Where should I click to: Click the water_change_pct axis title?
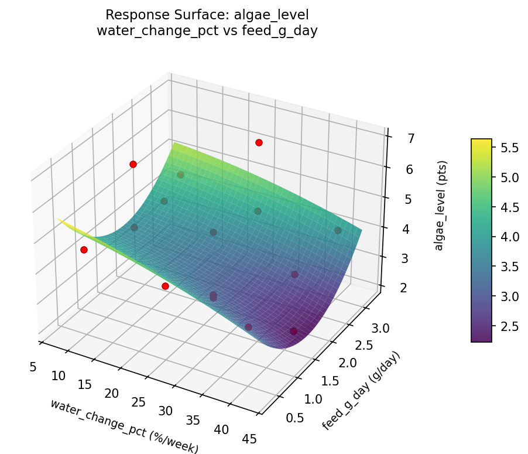pos(124,426)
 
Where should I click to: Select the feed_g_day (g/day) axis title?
pos(361,391)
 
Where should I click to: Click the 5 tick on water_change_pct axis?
pos(33,367)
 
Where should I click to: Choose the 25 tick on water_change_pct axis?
pos(139,402)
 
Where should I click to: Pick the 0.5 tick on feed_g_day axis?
pos(279,418)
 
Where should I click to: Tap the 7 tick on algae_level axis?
pos(395,139)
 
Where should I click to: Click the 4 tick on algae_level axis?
pos(392,228)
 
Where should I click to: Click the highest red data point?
pos(259,142)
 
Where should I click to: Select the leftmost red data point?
pos(84,250)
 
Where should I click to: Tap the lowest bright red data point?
pos(165,286)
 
